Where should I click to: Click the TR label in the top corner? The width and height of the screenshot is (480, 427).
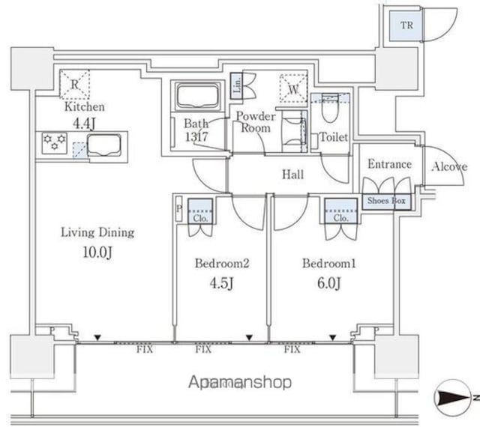[406, 25]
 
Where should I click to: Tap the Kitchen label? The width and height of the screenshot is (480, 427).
[83, 107]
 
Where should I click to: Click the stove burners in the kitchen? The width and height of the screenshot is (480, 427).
[54, 142]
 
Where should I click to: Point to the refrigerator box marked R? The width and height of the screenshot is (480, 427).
[74, 84]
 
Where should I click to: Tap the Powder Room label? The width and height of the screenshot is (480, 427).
[256, 122]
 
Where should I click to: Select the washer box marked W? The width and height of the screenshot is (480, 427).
[293, 88]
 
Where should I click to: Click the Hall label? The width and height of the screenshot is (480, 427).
[292, 175]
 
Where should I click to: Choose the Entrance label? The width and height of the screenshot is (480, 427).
[388, 164]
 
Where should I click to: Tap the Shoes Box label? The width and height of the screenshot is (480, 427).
[387, 201]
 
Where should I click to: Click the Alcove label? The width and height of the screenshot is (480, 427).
[448, 167]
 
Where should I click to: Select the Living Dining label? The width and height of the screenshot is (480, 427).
[97, 232]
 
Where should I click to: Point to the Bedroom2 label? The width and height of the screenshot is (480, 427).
[221, 264]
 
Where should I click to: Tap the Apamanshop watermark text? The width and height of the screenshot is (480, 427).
[239, 383]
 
